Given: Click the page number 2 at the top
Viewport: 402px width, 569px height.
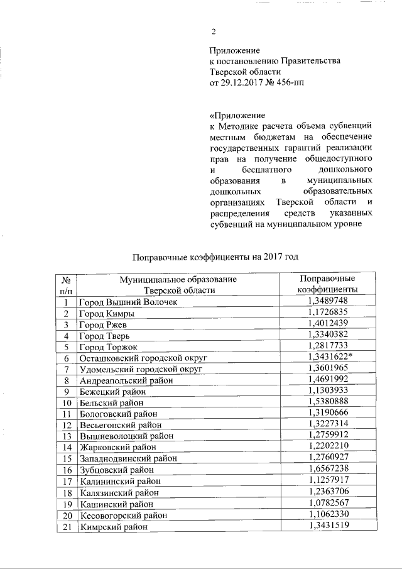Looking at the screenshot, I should click(x=214, y=33).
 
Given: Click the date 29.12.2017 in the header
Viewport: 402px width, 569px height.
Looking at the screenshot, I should click(x=243, y=84).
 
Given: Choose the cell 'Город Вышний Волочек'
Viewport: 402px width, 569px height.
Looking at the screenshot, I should click(x=128, y=302).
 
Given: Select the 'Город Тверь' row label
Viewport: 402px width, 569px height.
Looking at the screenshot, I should click(x=104, y=336).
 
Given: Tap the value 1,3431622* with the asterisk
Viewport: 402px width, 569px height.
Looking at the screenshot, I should click(x=329, y=358).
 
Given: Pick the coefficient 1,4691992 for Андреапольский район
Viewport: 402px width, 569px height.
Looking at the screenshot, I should click(x=327, y=380).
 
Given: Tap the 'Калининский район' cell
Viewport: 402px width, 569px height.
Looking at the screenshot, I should click(x=118, y=482).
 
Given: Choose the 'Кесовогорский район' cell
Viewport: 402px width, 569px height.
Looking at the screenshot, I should click(x=122, y=516).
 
